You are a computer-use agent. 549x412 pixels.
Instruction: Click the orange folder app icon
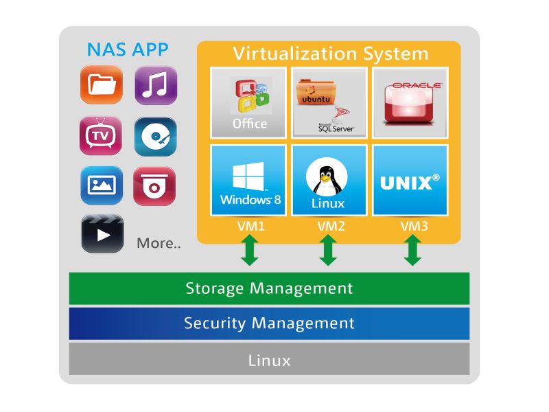coord(102,84)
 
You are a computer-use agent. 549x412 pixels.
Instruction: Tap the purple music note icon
coord(156,85)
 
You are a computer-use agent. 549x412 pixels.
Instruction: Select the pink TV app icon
coord(101,136)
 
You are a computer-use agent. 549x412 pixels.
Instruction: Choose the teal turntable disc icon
coord(156,137)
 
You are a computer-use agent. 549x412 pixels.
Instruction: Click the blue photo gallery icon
coord(102,185)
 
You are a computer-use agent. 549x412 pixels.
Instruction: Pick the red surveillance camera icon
coord(154,186)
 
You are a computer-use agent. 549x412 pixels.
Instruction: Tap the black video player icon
coord(102,233)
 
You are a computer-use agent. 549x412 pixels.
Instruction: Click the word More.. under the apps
coord(159,243)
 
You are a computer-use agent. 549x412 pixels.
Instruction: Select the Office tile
coord(248,102)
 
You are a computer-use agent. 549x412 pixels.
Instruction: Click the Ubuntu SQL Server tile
coord(329,102)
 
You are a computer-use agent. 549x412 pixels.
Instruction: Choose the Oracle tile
coord(410,102)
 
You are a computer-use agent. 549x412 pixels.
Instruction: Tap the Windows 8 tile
coord(248,180)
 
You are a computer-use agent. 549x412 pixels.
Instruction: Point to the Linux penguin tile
coord(329,180)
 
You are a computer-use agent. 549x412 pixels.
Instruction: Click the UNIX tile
coord(410,180)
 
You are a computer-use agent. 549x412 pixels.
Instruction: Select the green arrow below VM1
coord(250,250)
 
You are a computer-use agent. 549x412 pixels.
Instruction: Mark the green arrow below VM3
coord(412,250)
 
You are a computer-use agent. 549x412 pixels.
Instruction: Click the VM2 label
coord(331,226)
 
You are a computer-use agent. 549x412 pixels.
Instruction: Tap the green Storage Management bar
coord(269,288)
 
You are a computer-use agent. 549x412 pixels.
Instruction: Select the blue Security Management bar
coord(269,323)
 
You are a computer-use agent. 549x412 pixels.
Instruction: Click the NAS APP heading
coord(128,49)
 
